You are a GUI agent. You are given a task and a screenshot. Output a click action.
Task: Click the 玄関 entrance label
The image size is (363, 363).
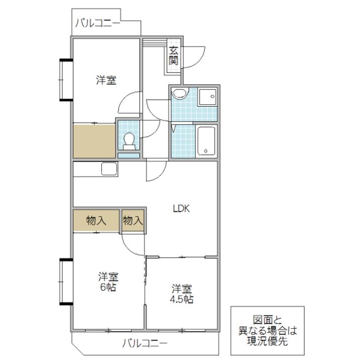(x=173, y=55)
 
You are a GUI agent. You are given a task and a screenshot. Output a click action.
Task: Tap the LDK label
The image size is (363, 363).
(x=181, y=209)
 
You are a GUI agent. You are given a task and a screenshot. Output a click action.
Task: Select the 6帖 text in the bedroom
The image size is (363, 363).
(x=108, y=287)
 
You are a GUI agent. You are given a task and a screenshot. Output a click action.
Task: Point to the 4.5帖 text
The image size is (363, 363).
(x=181, y=299)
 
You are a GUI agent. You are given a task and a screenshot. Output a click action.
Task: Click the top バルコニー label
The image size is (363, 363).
(x=98, y=23)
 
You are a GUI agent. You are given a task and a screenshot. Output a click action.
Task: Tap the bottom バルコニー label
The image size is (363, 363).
(x=145, y=343)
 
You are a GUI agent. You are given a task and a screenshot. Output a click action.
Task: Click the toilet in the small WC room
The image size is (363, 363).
(x=129, y=141)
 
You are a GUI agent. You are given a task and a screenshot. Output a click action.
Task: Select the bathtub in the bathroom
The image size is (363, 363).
(x=206, y=141)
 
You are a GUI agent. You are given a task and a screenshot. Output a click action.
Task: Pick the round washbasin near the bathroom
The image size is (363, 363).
(x=180, y=93)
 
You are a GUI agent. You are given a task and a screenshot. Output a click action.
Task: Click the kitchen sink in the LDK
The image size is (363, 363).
(x=109, y=169)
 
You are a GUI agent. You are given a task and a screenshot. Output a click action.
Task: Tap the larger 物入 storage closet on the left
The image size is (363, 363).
(x=96, y=220)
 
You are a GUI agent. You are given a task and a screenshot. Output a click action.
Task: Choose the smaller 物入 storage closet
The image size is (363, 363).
(x=133, y=220)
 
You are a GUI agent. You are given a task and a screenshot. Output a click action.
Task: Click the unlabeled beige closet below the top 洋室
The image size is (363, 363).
(x=94, y=141)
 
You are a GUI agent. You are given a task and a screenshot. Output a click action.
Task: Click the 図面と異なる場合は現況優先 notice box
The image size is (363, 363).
(x=267, y=331)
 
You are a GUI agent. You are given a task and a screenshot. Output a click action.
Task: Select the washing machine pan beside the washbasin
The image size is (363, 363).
(x=207, y=97)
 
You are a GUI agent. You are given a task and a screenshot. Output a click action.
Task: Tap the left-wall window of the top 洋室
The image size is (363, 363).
(x=67, y=80)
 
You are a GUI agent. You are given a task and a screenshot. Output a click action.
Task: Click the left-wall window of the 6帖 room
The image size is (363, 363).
(x=67, y=281)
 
